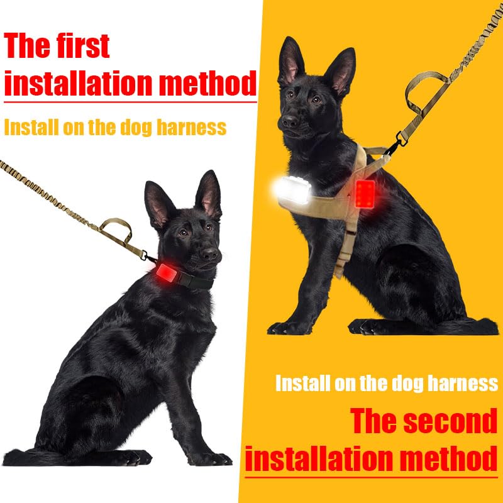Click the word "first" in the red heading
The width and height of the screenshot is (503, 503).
[x=82, y=45]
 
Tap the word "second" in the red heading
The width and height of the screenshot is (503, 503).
[x=450, y=421]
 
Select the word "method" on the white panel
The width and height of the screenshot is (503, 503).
[x=208, y=84]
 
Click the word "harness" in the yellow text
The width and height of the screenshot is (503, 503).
[x=191, y=127]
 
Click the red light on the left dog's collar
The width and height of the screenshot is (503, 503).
[x=167, y=273]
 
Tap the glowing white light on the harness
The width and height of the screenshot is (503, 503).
[x=293, y=191]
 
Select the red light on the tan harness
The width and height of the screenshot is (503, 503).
[x=365, y=194]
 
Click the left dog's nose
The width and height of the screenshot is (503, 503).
[x=210, y=254]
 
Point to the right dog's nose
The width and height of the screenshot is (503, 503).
[x=290, y=121]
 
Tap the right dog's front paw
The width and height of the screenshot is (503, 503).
[x=289, y=328]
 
